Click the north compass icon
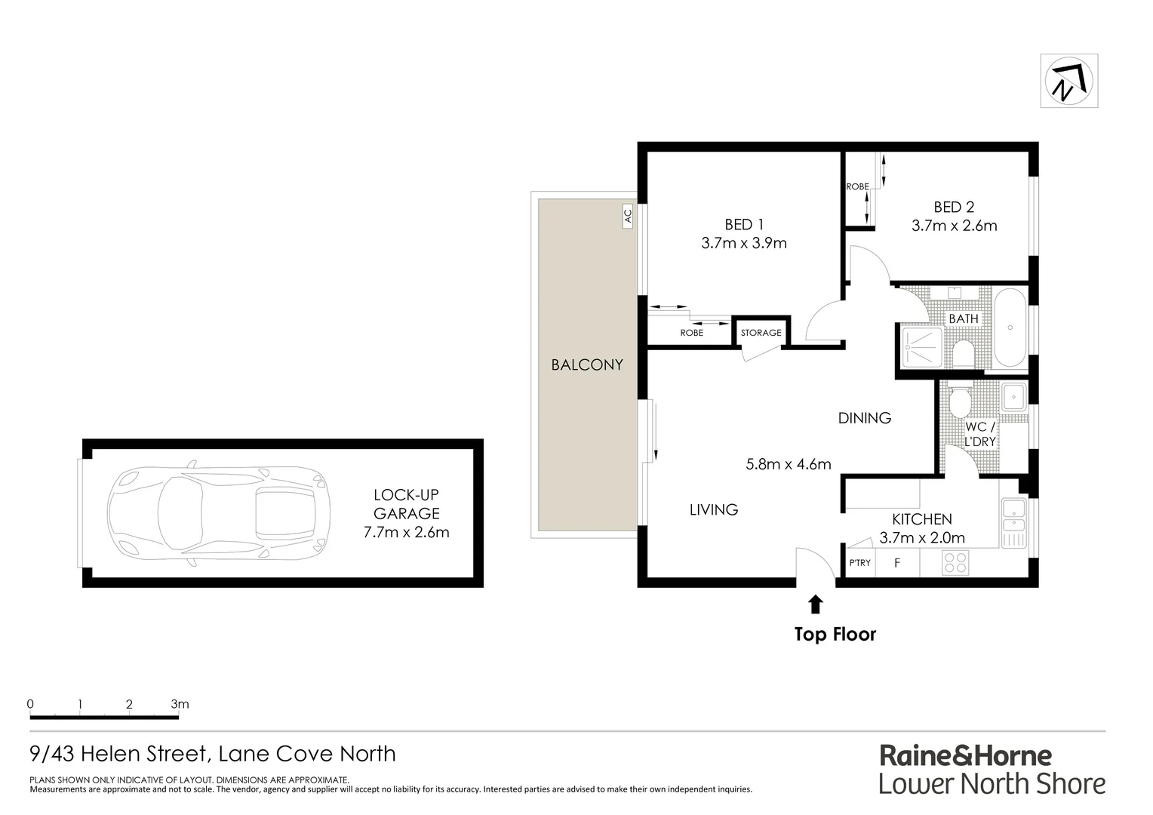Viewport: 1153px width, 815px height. pos(1068,81)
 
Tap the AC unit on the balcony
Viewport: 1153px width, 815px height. pos(627,217)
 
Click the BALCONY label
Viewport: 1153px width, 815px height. pos(587,365)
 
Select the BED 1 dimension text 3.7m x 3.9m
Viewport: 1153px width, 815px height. pos(743,243)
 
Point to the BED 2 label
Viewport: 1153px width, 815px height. pos(954,207)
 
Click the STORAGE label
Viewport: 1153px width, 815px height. pos(761,333)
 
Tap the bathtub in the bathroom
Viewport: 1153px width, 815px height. pos(1010,329)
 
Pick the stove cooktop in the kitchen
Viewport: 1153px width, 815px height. pos(956,562)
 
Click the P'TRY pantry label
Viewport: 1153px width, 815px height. pos(859,563)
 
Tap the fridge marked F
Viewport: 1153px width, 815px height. pos(897,562)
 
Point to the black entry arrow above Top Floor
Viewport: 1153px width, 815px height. pos(815,603)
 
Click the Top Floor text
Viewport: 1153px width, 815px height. pos(835,634)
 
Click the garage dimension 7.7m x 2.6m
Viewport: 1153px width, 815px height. pos(406,532)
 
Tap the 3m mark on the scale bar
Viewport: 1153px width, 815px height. pos(180,705)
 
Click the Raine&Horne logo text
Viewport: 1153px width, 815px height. pos(965,755)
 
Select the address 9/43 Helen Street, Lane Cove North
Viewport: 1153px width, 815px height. pos(212,753)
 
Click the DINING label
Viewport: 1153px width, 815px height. pos(864,417)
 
